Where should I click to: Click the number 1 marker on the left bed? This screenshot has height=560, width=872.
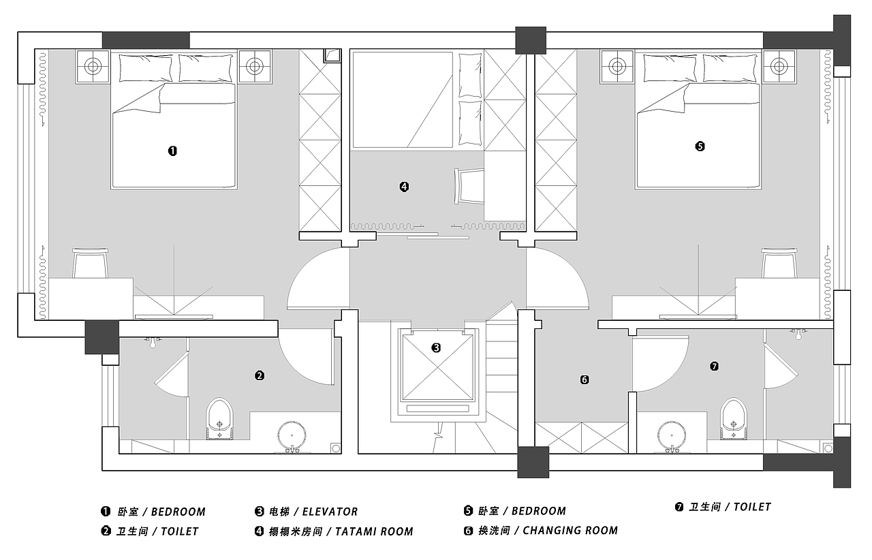pyautogui.click(x=172, y=151)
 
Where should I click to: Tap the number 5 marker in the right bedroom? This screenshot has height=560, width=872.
pyautogui.click(x=700, y=146)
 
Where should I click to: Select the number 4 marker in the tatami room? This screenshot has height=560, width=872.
pyautogui.click(x=404, y=187)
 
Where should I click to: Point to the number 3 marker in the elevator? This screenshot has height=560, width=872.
pyautogui.click(x=436, y=347)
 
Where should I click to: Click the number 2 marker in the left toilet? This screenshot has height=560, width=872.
pyautogui.click(x=260, y=376)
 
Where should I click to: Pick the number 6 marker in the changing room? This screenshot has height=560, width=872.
pyautogui.click(x=585, y=379)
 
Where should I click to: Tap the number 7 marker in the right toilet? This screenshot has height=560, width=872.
pyautogui.click(x=714, y=366)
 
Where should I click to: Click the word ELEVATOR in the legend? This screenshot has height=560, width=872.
pyautogui.click(x=330, y=512)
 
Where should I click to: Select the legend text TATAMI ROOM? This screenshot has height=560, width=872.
pyautogui.click(x=374, y=531)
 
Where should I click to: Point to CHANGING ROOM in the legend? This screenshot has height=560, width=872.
pyautogui.click(x=570, y=531)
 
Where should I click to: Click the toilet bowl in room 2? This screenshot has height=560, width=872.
pyautogui.click(x=220, y=418)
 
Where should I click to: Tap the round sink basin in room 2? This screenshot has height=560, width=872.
pyautogui.click(x=292, y=435)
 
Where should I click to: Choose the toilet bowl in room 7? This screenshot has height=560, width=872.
pyautogui.click(x=734, y=418)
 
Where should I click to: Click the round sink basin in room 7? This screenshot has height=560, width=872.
pyautogui.click(x=672, y=435)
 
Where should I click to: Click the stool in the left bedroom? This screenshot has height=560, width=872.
pyautogui.click(x=91, y=263)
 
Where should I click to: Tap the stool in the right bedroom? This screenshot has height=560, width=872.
pyautogui.click(x=779, y=263)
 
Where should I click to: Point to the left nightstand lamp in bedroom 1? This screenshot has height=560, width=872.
pyautogui.click(x=93, y=66)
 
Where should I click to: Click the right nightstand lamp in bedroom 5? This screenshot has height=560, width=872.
pyautogui.click(x=779, y=66)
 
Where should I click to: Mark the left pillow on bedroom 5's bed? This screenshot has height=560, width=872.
pyautogui.click(x=670, y=68)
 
